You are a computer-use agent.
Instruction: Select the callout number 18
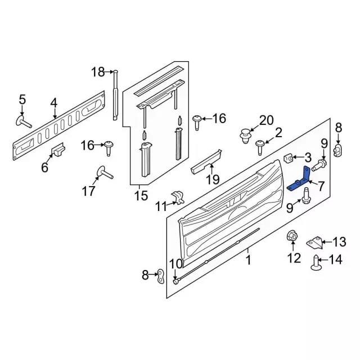click(x=98, y=71)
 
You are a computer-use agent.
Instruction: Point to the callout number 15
click(x=141, y=196)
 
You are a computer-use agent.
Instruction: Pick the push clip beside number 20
click(x=245, y=136)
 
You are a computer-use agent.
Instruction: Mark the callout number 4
click(x=53, y=102)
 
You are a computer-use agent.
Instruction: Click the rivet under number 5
click(x=23, y=121)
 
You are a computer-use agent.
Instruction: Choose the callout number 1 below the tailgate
click(x=248, y=260)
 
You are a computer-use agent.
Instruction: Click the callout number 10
click(x=176, y=263)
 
